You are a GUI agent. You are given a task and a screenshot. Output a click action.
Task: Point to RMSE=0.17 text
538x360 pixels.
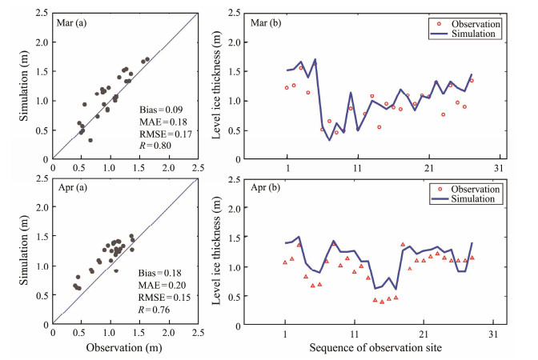160,133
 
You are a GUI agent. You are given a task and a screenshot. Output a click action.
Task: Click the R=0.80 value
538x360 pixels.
155,146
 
